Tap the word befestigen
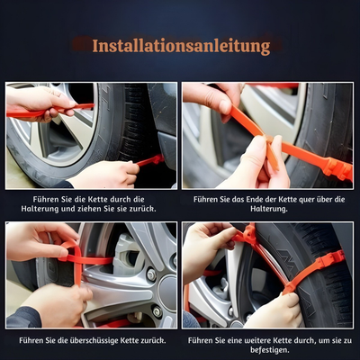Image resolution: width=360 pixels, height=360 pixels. pos(270,351)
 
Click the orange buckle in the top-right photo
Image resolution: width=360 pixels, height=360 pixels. pos(335,167)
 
